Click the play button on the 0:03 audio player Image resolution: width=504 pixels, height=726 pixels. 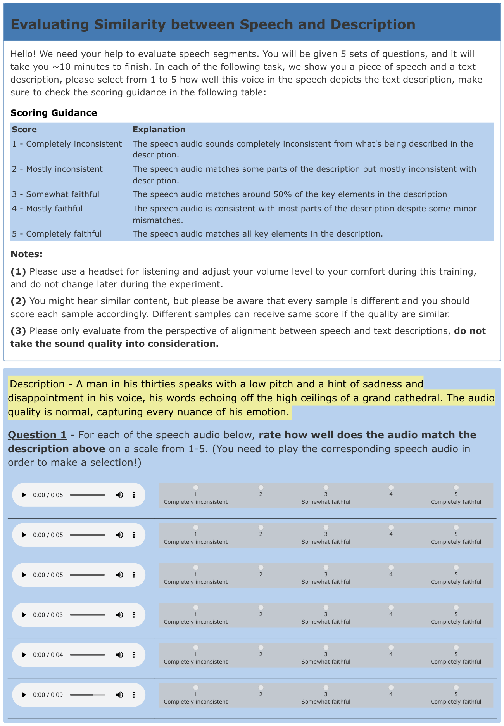point(24,615)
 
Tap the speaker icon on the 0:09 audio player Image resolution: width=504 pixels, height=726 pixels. point(120,695)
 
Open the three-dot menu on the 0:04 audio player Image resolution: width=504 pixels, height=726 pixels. point(134,655)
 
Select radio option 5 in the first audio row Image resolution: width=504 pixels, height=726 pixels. point(456,487)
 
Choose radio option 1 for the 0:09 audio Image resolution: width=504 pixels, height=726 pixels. point(196,687)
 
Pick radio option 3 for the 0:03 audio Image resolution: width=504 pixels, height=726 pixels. point(326,607)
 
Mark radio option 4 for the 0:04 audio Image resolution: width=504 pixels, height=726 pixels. point(391,647)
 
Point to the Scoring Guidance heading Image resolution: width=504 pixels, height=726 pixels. point(54,113)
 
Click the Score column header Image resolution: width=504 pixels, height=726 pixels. point(24,130)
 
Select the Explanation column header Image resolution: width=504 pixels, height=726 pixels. point(159,130)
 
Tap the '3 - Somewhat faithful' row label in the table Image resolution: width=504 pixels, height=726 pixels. point(55,194)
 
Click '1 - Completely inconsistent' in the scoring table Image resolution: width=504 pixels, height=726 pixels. point(67,144)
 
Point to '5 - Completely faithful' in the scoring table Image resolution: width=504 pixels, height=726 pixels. point(57,234)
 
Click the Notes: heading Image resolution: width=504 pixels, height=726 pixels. point(26,254)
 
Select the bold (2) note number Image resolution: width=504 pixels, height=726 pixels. point(18,301)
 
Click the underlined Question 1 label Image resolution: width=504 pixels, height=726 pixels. point(37,435)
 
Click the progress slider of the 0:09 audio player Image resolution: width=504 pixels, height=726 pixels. point(88,695)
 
